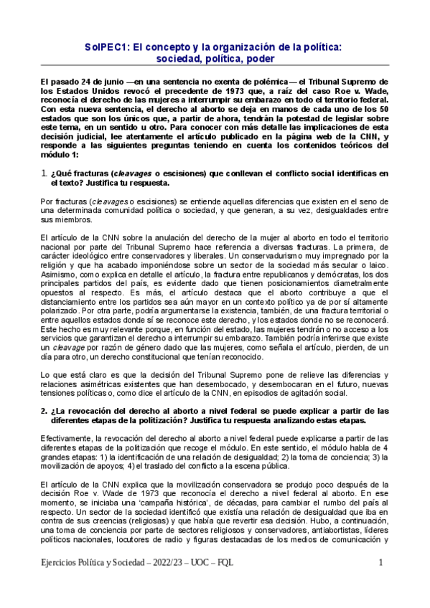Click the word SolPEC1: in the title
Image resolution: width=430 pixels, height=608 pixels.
coord(112,46)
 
